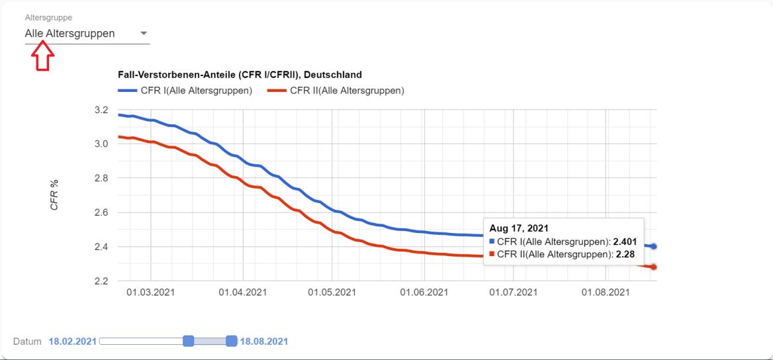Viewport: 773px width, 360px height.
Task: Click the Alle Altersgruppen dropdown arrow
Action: tap(144, 34)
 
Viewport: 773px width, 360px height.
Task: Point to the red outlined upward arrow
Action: tap(42, 56)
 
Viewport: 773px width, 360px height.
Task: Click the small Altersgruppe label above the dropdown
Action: tap(48, 17)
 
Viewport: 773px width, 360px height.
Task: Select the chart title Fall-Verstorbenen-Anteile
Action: tap(240, 75)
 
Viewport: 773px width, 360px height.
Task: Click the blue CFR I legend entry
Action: tap(185, 91)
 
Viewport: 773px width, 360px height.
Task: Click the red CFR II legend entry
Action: tap(336, 91)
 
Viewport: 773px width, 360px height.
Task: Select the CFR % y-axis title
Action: tap(55, 195)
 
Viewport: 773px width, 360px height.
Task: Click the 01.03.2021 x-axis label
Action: tap(151, 292)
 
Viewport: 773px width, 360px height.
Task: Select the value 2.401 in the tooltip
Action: tap(625, 242)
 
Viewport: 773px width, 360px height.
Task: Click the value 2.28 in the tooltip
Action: tap(625, 254)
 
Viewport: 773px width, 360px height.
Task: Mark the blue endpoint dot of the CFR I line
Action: tap(653, 246)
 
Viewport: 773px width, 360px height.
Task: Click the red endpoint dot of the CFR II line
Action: tap(653, 267)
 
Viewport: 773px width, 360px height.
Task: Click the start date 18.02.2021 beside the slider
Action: tap(72, 341)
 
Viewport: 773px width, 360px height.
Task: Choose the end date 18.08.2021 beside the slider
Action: tap(263, 341)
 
